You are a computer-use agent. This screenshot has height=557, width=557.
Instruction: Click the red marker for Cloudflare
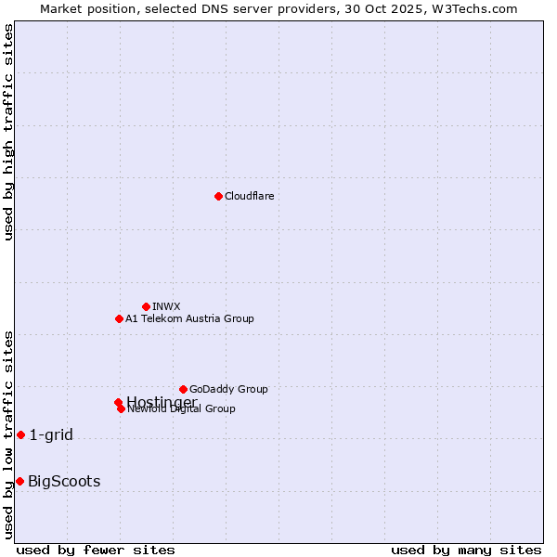click(218, 196)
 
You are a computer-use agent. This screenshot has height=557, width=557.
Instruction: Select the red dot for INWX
click(146, 306)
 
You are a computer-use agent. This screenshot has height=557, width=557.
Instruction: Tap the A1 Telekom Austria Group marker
click(119, 318)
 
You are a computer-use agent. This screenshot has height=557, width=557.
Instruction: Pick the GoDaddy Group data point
click(183, 389)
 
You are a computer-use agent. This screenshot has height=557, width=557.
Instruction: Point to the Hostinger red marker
click(118, 402)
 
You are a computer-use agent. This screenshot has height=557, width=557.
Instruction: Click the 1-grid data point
click(20, 434)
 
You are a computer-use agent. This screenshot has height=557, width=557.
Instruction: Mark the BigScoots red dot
click(19, 481)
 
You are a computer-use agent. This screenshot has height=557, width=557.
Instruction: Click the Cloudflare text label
click(249, 196)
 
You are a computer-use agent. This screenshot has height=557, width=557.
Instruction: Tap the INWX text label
click(166, 306)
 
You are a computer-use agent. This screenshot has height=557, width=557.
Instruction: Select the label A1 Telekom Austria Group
click(189, 318)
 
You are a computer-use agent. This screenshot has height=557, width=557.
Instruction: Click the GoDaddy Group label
click(228, 389)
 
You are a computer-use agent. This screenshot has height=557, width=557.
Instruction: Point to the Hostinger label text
click(162, 401)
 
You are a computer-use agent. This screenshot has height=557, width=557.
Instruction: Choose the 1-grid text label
click(51, 434)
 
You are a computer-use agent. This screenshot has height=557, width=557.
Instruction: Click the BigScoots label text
click(64, 481)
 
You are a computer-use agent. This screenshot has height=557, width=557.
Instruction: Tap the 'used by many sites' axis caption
click(466, 550)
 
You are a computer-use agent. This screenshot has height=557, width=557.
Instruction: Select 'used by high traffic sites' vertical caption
click(9, 132)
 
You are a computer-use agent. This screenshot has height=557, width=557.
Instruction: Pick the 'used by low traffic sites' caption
click(9, 434)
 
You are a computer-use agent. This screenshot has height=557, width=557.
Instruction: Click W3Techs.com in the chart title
click(472, 8)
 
